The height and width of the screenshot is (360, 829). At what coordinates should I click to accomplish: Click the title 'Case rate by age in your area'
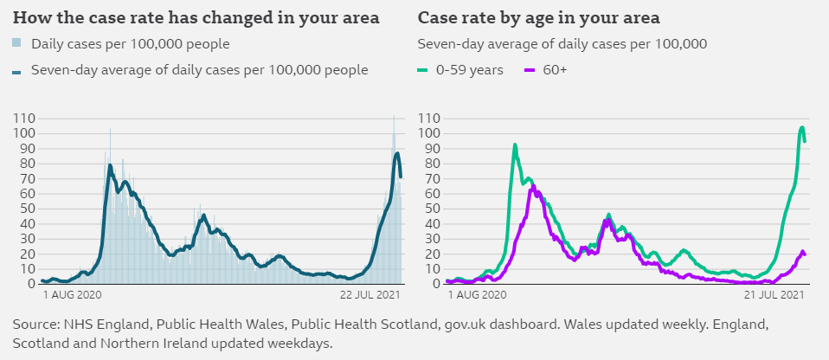point(538,17)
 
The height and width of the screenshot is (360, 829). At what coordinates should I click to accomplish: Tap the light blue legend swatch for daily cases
point(17,43)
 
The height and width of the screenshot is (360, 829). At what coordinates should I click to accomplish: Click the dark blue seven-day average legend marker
point(17,71)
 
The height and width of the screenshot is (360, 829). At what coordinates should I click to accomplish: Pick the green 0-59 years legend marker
point(424,70)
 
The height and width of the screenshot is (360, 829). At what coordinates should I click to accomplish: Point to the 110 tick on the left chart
point(23,119)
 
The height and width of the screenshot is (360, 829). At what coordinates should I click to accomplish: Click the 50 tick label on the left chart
point(27,209)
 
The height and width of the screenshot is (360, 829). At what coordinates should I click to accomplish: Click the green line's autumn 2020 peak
point(515,145)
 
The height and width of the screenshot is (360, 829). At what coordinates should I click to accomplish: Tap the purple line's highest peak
point(533,185)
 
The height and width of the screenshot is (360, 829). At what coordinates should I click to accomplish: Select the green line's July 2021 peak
point(802,128)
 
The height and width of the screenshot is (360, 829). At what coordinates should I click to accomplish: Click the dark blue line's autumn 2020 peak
point(111,164)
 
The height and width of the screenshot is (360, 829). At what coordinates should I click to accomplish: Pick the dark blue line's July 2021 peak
point(397,153)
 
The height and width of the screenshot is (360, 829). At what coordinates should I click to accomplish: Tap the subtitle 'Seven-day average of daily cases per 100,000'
point(562,44)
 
